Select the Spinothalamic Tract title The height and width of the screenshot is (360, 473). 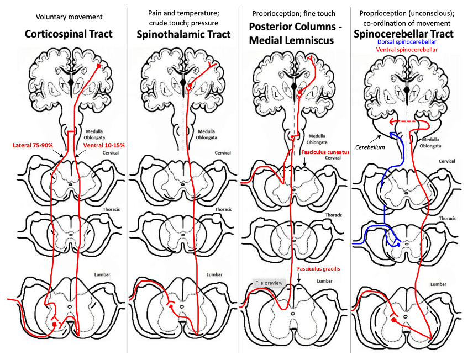(183, 34)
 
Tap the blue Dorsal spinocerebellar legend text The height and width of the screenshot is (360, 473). (406, 42)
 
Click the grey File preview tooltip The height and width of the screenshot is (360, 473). (269, 283)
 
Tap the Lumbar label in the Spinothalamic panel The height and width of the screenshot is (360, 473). (214, 274)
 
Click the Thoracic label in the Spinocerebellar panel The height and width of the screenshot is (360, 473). (448, 218)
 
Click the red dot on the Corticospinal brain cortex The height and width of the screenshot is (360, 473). (99, 66)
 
